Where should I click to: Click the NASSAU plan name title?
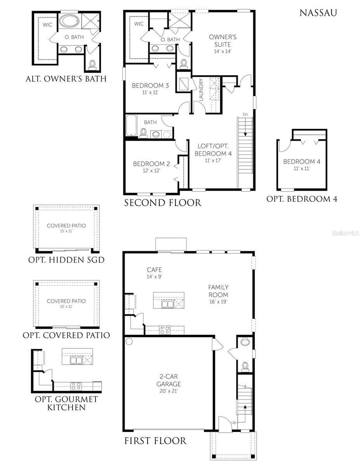(318, 12)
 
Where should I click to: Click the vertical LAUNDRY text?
(201, 90)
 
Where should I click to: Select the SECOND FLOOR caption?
(163, 202)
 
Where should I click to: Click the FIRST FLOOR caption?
(155, 441)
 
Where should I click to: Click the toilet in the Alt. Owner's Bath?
(92, 65)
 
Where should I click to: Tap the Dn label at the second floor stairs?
(245, 114)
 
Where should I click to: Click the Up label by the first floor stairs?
(233, 422)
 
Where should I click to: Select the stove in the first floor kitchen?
(165, 330)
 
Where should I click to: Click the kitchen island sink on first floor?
(168, 304)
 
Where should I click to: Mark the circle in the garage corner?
(129, 342)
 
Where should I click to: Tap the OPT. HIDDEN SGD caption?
(66, 260)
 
